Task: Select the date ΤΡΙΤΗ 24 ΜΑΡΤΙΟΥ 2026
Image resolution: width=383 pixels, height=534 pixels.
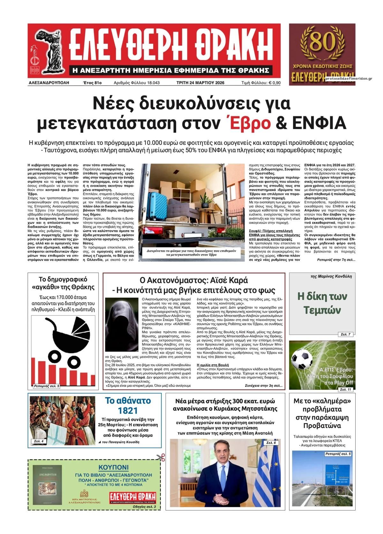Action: (200, 83)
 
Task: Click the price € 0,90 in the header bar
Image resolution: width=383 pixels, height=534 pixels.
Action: (274, 83)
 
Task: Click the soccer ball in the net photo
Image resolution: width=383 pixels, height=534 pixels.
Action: (302, 359)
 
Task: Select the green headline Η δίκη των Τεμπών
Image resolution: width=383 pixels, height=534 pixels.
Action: (322, 303)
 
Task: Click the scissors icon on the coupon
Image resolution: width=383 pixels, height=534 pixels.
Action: (161, 458)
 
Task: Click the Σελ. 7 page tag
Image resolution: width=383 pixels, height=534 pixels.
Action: (345, 334)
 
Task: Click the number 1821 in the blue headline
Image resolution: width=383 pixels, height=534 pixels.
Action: (128, 410)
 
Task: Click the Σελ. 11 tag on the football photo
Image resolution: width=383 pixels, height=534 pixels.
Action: (345, 390)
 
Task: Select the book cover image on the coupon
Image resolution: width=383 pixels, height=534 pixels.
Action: (47, 485)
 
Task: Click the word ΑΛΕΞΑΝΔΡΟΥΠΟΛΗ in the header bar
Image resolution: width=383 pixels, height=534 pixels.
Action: (49, 83)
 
